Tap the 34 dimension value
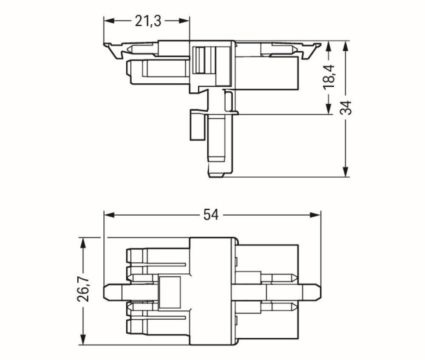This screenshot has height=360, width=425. point(346,108)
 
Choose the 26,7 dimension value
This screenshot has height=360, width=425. point(83,290)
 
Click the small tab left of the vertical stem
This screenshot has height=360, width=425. point(196,125)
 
